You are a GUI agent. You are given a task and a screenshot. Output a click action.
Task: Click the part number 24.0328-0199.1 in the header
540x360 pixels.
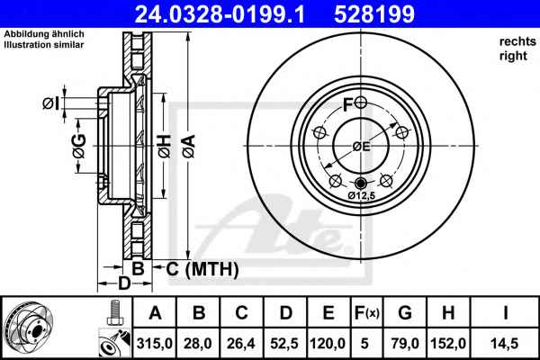[220, 14]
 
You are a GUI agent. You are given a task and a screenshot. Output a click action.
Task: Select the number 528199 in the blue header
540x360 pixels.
[374, 14]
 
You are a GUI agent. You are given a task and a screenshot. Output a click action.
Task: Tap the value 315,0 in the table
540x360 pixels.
[155, 344]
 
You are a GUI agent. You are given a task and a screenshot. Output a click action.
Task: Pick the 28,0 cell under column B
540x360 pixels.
[198, 344]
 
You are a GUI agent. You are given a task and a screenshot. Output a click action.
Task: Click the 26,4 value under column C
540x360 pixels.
[241, 344]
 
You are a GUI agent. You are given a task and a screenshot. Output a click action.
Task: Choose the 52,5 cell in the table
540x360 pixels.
[284, 344]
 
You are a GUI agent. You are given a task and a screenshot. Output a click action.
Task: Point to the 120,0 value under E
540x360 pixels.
[328, 344]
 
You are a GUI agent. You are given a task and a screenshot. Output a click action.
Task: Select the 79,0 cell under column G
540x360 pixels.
[405, 344]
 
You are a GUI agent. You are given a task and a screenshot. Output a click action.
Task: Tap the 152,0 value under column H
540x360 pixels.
[448, 344]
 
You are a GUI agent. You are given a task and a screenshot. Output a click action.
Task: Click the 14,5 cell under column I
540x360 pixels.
[505, 344]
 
